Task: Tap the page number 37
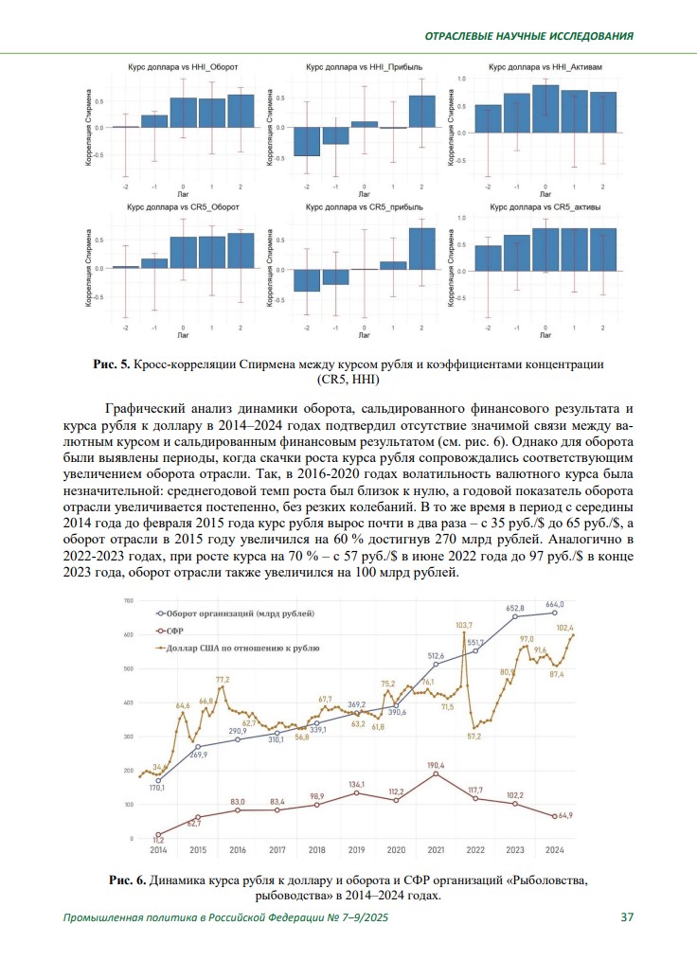627,917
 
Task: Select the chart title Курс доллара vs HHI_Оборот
183,68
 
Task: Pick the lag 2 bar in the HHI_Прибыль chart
422,112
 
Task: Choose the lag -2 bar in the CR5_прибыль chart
306,280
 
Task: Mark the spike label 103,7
465,626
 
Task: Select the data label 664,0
554,604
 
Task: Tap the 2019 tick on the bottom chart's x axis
356,850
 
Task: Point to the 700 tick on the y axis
128,601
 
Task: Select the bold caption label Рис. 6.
128,880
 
